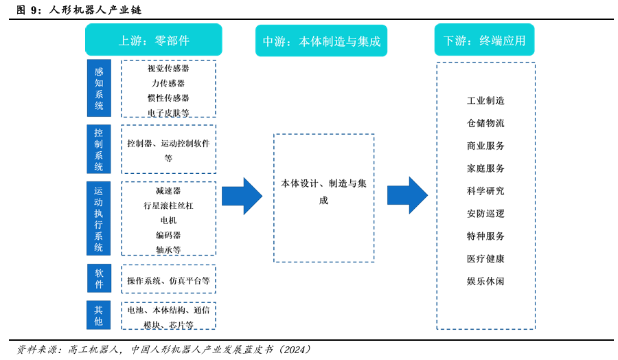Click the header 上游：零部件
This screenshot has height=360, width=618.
(x=153, y=40)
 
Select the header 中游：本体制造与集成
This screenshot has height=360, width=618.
(x=321, y=41)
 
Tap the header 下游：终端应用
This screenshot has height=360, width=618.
(x=484, y=40)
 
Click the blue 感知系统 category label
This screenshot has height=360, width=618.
(x=99, y=88)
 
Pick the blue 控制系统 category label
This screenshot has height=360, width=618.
(x=99, y=149)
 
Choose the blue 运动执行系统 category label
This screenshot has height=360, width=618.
(x=99, y=218)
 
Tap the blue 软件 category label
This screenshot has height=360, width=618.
(x=99, y=278)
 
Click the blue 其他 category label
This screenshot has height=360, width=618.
(x=99, y=315)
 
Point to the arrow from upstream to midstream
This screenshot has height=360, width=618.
(x=242, y=196)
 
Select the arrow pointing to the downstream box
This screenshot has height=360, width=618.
(x=407, y=195)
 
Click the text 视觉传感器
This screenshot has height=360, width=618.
(x=168, y=69)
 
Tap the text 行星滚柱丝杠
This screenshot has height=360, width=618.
(x=168, y=205)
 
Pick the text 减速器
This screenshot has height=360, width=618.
(x=168, y=190)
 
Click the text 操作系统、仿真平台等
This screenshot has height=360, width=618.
(x=168, y=280)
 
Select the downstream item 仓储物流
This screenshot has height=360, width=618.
(x=485, y=123)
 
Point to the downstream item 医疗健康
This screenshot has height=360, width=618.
(x=485, y=258)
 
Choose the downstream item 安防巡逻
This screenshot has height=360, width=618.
(x=485, y=214)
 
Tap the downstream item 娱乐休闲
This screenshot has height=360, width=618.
(x=485, y=281)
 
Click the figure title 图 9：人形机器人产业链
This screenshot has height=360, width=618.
(x=79, y=10)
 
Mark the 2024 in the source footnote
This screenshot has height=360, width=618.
(x=296, y=349)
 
